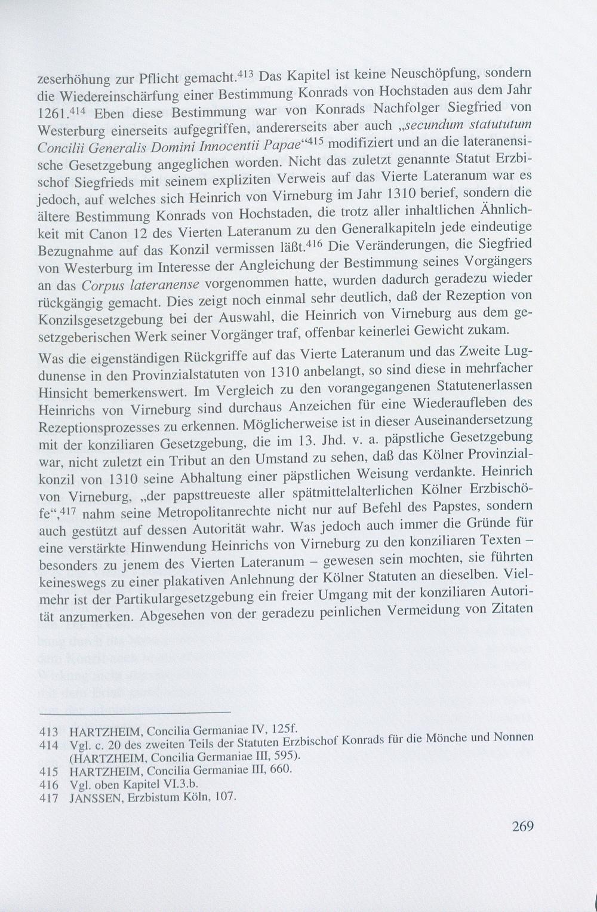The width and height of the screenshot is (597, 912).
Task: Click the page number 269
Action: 522,827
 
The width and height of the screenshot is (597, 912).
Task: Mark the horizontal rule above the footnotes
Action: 134,712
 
